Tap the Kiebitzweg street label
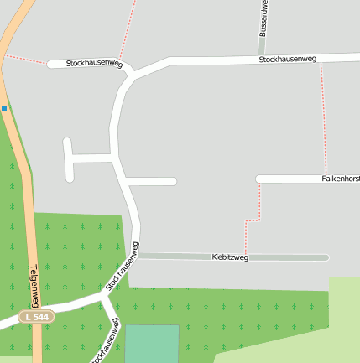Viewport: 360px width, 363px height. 230,257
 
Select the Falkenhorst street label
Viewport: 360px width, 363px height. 340,179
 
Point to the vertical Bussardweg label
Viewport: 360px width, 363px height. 263,16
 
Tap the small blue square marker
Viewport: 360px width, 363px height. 4,108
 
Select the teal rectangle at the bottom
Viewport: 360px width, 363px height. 152,344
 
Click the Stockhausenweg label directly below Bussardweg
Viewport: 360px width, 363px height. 288,60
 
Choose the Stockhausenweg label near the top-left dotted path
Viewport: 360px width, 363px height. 94,64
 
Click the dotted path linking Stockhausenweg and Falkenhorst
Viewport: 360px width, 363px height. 323,117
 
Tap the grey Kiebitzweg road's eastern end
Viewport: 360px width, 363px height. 326,257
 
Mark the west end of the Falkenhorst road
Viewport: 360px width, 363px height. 259,179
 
